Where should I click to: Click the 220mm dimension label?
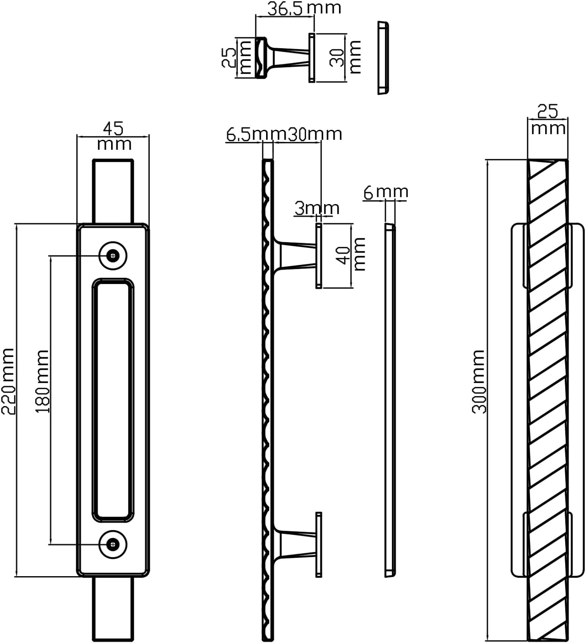[x=8, y=381]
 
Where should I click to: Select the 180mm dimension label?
[x=42, y=381]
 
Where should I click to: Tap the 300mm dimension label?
[x=479, y=382]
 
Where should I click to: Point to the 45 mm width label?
[x=114, y=136]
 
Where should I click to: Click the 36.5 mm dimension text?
[x=304, y=8]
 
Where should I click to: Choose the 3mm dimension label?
[x=317, y=208]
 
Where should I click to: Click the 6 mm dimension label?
[x=385, y=192]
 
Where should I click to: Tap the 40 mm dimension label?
[x=352, y=254]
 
